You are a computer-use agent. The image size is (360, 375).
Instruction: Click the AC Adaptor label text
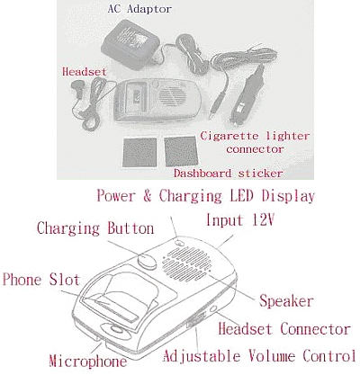tap(139, 9)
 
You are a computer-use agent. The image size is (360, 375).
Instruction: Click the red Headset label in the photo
tap(85, 72)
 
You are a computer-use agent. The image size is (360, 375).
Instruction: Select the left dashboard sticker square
tap(139, 152)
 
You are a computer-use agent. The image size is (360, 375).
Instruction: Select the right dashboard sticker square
tap(181, 151)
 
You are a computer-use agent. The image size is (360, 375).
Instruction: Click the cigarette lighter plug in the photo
tap(247, 95)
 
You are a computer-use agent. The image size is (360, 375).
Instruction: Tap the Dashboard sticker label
tap(228, 174)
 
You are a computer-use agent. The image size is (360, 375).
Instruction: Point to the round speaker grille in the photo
tap(172, 96)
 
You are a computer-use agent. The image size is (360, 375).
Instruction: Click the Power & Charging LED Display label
tap(205, 196)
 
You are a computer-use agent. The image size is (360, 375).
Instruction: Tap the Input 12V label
tap(240, 219)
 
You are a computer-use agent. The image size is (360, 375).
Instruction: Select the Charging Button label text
tap(95, 228)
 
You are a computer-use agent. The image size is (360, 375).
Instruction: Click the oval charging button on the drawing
tap(147, 260)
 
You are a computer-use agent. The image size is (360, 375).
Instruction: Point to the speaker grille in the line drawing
tap(186, 262)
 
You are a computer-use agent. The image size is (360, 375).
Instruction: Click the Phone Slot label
tap(41, 280)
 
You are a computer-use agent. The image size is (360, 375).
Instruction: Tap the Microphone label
tap(88, 361)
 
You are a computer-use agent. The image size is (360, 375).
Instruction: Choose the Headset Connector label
tap(284, 329)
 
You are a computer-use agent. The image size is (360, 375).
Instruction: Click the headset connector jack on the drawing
tap(213, 308)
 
